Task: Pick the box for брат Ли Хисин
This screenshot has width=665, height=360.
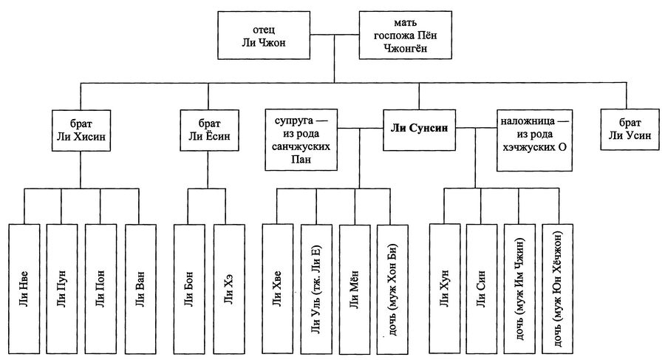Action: click(x=81, y=129)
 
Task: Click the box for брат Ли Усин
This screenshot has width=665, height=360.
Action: click(x=627, y=129)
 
